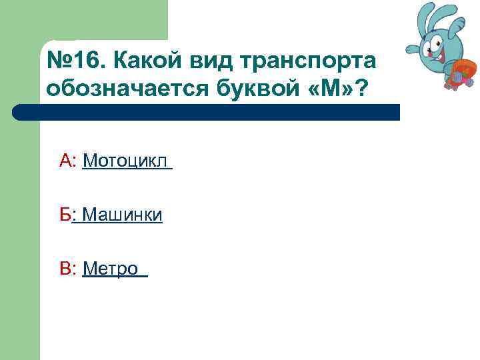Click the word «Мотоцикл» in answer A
pyautogui.click(x=125, y=161)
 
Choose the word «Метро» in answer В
pyautogui.click(x=111, y=269)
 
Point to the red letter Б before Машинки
pyautogui.click(x=65, y=215)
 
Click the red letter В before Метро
pyautogui.click(x=66, y=269)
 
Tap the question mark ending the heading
pyautogui.click(x=361, y=90)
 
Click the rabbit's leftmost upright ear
pyautogui.click(x=427, y=17)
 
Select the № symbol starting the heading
pyautogui.click(x=59, y=61)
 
